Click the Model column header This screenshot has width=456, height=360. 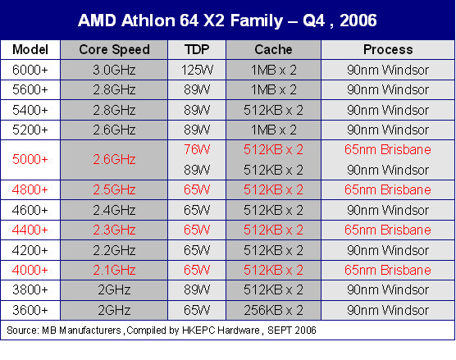coord(30,49)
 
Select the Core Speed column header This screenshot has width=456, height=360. coord(114,49)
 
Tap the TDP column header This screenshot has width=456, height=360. coord(197,49)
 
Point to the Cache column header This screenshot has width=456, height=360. coord(273,49)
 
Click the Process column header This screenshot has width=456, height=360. coord(388,49)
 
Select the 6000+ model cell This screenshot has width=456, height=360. coord(30,70)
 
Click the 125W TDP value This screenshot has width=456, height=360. coord(197,70)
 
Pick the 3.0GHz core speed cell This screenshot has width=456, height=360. coord(114,70)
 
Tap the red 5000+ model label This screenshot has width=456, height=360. coord(30,159)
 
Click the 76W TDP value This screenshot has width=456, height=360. coord(197,149)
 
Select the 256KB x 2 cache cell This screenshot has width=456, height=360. coord(273,310)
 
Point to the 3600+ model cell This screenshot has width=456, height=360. coord(30,310)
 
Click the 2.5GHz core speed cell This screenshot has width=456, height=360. coord(114,190)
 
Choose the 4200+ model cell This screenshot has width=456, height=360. coord(30,250)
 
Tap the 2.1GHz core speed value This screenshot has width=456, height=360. coord(114,270)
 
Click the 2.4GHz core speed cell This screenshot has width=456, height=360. coord(114,210)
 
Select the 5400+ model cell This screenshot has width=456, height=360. coord(30,110)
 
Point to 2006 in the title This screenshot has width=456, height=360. coord(358,21)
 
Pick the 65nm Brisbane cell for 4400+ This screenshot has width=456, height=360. coord(388,230)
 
